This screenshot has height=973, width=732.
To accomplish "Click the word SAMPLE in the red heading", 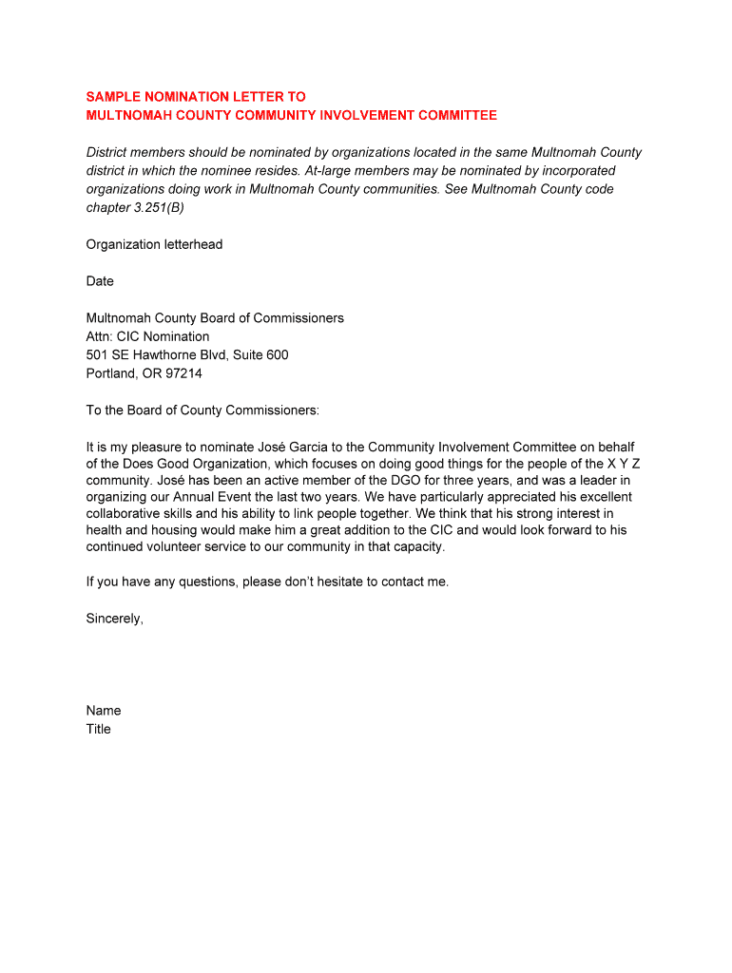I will coord(113,97).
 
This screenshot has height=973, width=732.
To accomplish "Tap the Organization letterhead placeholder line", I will coord(154,244).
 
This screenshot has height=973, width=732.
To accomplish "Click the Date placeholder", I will coord(100,281).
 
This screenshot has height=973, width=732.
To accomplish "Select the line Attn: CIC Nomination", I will coord(147,336).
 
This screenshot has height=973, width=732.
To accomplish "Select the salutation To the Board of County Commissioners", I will coord(202,410).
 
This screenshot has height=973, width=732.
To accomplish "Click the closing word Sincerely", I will coord(114,619).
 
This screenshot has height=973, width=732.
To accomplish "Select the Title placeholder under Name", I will coord(99,729).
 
